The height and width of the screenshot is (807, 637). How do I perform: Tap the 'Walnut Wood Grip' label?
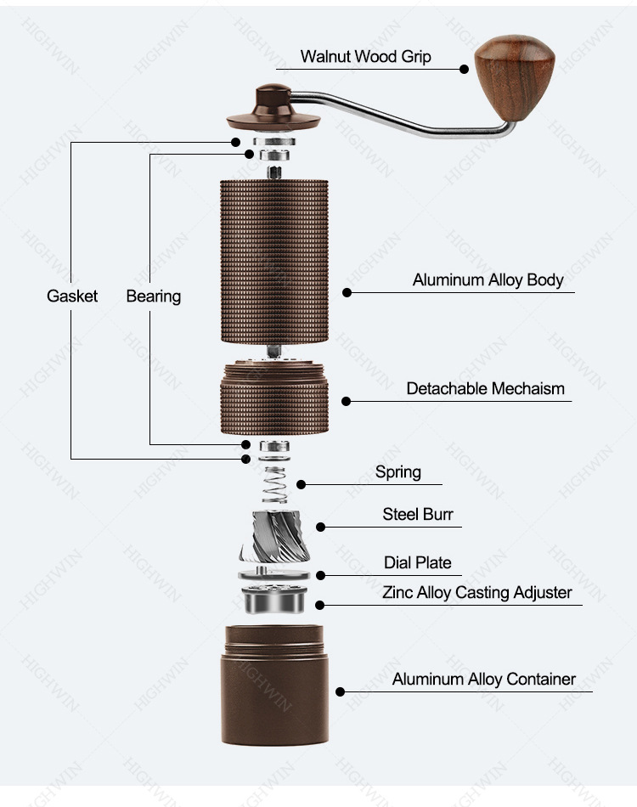(x=365, y=57)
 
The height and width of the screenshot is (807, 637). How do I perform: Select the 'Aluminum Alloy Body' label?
(x=488, y=279)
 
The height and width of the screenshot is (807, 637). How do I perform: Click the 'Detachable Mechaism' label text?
(x=485, y=388)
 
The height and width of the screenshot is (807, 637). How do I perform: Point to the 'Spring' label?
(x=397, y=471)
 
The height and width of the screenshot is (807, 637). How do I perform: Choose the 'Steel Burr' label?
(x=418, y=514)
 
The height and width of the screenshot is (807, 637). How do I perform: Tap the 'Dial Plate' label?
(x=417, y=562)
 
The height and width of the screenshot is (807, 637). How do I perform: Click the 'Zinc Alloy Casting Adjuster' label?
(x=476, y=592)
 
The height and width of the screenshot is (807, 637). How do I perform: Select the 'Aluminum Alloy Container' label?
(x=483, y=679)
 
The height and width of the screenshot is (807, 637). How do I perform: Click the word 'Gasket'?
(x=72, y=296)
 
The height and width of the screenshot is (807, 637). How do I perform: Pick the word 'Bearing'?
(x=154, y=296)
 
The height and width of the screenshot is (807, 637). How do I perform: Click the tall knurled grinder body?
(x=273, y=259)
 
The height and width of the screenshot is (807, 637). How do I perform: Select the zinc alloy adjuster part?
(x=273, y=601)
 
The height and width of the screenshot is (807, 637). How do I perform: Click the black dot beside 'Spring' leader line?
(x=301, y=484)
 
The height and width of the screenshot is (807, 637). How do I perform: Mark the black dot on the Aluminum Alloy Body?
(x=347, y=292)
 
